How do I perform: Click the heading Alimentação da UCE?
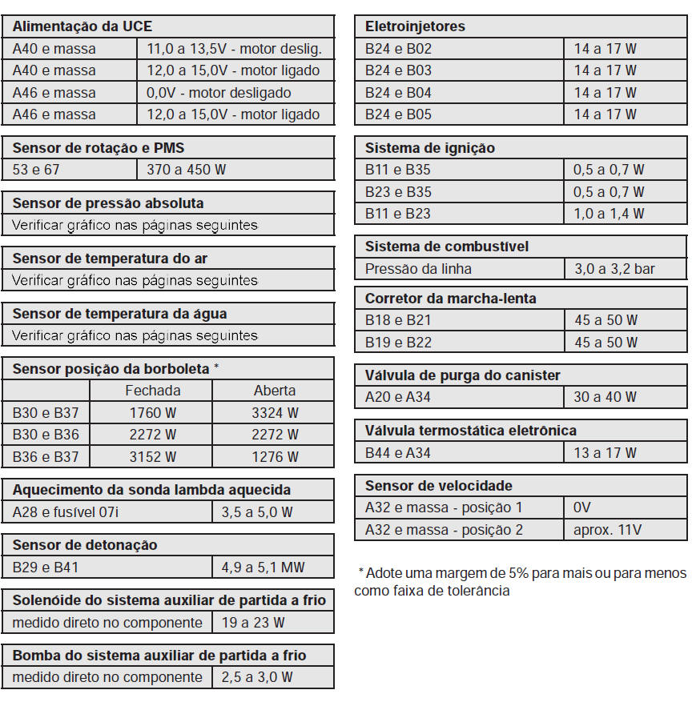pos(82,26)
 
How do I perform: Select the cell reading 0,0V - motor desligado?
pos(219,93)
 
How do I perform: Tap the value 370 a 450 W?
pos(186,170)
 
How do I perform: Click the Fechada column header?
pos(153,391)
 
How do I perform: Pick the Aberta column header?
pos(275,391)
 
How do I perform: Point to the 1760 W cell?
pos(153,413)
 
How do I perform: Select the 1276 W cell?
pos(275,457)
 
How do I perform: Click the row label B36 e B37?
pos(46,457)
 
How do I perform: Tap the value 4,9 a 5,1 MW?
pos(263,568)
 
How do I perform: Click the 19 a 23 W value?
pos(253,623)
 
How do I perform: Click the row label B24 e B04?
pos(398,93)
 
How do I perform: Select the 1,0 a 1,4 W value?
pos(609,214)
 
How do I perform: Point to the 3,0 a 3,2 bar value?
pos(614,269)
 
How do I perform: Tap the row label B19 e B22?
pos(398,343)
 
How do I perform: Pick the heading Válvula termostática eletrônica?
pos(470,431)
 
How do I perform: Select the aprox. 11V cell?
pos(607,530)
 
